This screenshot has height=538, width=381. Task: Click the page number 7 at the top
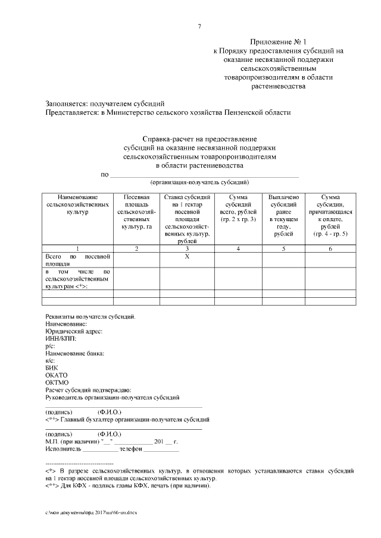click(199, 26)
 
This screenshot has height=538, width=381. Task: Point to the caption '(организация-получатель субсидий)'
click(199, 182)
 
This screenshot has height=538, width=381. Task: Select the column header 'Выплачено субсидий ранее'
click(283, 215)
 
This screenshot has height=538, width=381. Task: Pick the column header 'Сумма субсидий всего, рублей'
click(238, 208)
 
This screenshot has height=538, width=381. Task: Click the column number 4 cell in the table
click(238, 248)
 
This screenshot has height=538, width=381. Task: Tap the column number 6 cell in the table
click(330, 248)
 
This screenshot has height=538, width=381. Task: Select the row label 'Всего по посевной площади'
click(77, 260)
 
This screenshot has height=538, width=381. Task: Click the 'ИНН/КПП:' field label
click(61, 338)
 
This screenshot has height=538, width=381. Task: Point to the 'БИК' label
click(52, 368)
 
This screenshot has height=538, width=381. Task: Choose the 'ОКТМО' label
click(57, 383)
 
